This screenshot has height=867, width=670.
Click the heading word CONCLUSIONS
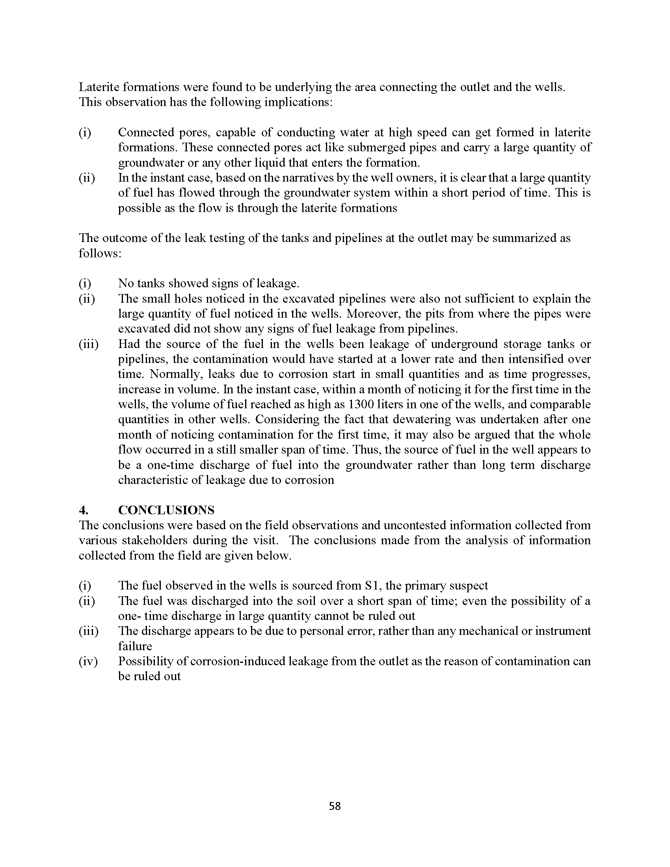166,510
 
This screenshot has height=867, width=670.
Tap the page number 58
335,806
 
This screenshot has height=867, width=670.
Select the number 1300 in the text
360,404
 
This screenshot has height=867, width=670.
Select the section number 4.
82,510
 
